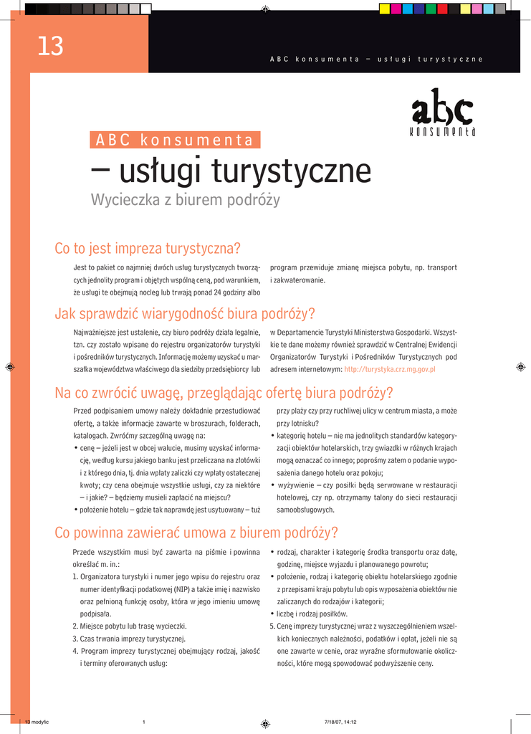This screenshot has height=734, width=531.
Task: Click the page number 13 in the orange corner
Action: click(50, 47)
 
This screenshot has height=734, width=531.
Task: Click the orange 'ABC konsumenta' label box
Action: click(175, 140)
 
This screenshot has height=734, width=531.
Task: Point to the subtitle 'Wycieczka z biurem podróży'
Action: click(185, 200)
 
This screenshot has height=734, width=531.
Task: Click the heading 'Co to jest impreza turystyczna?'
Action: click(148, 249)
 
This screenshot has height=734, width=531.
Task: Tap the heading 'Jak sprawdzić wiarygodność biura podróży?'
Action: click(185, 314)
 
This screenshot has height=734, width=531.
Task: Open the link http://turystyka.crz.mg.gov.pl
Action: click(390, 369)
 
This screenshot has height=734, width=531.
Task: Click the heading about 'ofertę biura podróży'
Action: click(224, 393)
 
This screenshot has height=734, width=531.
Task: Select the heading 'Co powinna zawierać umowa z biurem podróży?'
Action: click(196, 533)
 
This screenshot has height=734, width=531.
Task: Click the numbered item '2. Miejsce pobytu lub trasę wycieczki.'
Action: click(130, 626)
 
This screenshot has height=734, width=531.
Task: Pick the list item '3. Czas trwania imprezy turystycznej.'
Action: click(129, 639)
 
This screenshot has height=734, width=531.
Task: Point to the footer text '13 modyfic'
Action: click(37, 722)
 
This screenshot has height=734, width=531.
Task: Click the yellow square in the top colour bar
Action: click(384, 9)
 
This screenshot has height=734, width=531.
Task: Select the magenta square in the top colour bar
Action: click(396, 9)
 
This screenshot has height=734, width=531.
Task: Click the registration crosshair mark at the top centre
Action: click(265, 9)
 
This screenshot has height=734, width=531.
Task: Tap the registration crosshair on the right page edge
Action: click(520, 366)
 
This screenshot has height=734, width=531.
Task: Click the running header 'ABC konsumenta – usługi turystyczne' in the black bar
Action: click(376, 59)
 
